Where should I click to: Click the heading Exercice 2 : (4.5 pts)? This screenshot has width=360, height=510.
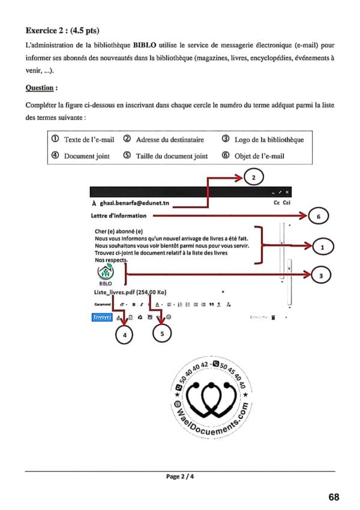pos(62,29)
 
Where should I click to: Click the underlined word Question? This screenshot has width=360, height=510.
pos(41,88)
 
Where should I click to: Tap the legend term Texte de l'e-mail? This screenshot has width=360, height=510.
pos(89,140)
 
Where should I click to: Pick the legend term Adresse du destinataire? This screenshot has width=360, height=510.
pos(170,140)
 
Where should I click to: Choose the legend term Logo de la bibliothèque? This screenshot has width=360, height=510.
pos(268,140)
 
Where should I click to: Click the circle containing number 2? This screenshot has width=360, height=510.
pos(254,178)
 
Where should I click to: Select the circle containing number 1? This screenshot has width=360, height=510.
pos(323,246)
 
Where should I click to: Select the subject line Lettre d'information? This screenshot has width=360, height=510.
pos(118,215)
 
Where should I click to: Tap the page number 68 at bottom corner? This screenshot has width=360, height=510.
pos(334,497)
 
